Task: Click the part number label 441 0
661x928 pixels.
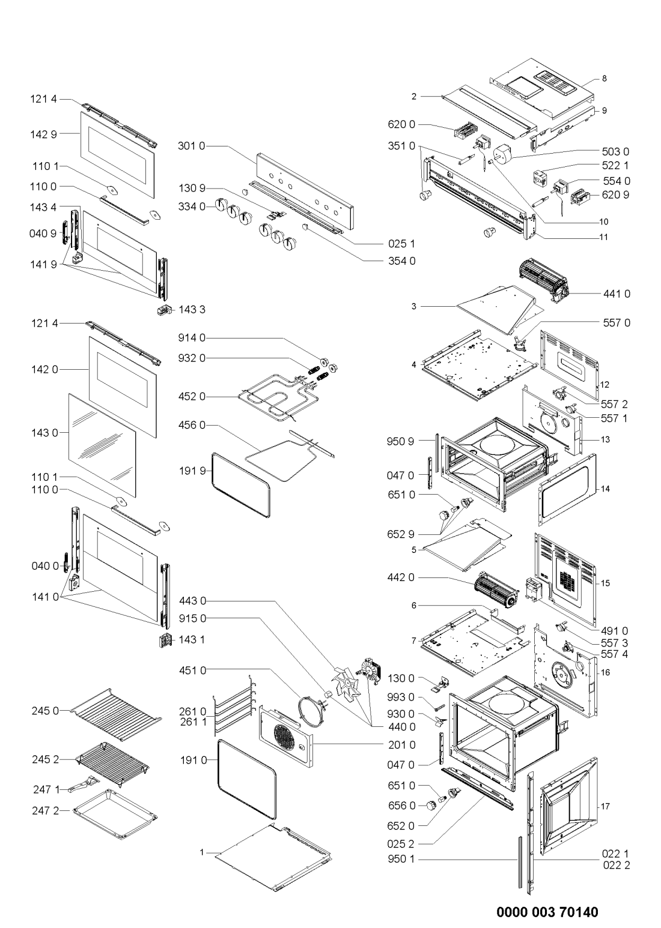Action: [x=617, y=294]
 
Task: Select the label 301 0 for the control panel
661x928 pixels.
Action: [x=192, y=146]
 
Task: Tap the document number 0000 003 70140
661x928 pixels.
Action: [x=547, y=912]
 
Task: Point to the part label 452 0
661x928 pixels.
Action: [x=192, y=397]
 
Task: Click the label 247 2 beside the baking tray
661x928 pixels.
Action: [x=46, y=811]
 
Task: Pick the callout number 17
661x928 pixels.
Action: [x=605, y=806]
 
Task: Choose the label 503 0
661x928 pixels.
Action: [x=615, y=152]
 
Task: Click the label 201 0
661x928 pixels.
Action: [x=402, y=745]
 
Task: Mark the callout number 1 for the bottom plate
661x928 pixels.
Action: [x=202, y=852]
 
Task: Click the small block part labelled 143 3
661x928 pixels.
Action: [x=164, y=310]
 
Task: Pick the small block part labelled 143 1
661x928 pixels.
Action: [x=165, y=640]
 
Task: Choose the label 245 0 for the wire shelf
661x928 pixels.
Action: [x=45, y=711]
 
